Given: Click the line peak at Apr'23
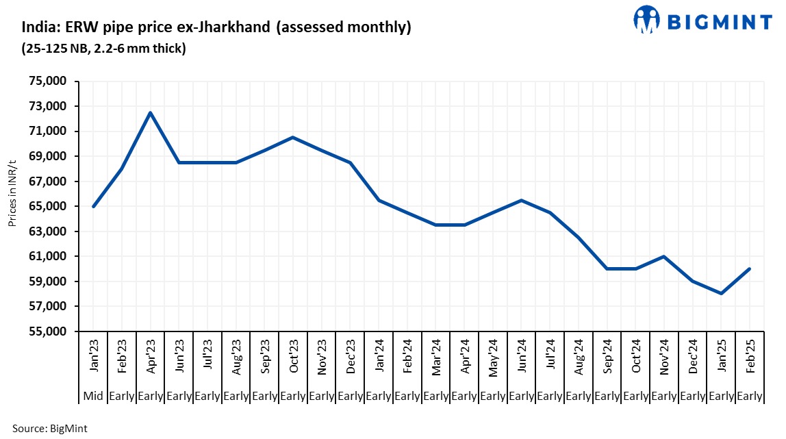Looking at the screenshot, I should (150, 112).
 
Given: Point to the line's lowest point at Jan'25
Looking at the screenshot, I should (721, 294).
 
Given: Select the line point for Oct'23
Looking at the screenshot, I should (293, 137).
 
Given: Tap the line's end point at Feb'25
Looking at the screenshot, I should (750, 268).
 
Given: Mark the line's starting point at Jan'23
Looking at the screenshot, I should (93, 206).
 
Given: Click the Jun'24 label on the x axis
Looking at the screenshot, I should (522, 356).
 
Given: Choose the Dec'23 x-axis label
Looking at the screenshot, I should (350, 356).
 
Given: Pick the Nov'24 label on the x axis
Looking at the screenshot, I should (664, 356).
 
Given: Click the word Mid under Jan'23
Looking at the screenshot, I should (93, 395).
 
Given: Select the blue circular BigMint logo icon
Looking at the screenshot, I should (647, 20).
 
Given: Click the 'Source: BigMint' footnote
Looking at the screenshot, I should (50, 428).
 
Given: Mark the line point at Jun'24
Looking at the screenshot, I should (522, 200).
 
